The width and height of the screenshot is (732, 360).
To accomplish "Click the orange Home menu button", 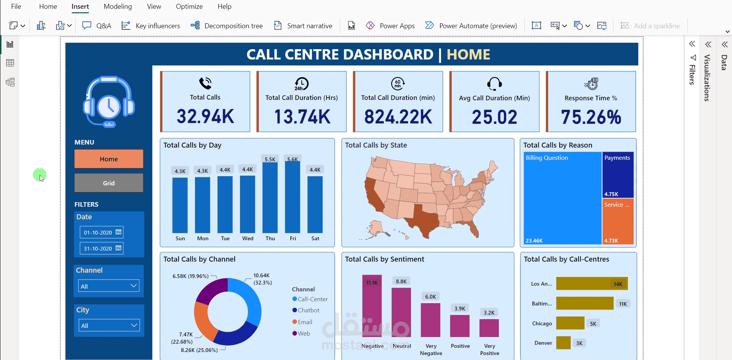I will pyautogui.click(x=109, y=159).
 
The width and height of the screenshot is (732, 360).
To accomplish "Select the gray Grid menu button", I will pyautogui.click(x=109, y=183).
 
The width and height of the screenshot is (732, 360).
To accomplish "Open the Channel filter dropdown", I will pyautogui.click(x=109, y=286).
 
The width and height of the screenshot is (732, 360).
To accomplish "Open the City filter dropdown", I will pyautogui.click(x=109, y=325).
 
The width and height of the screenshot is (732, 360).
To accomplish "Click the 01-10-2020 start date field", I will pyautogui.click(x=101, y=232).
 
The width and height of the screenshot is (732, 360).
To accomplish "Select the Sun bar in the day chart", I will pyautogui.click(x=180, y=205).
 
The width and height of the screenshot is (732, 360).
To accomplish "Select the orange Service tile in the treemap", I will pyautogui.click(x=618, y=221).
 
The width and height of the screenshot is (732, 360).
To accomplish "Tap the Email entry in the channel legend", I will pyautogui.click(x=305, y=322).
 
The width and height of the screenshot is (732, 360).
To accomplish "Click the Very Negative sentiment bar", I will pyautogui.click(x=431, y=320).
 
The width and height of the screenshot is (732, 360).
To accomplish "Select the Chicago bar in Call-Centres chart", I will pyautogui.click(x=570, y=323).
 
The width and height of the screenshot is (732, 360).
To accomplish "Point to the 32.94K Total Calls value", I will pyautogui.click(x=205, y=116).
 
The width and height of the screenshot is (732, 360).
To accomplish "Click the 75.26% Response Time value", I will pyautogui.click(x=591, y=117).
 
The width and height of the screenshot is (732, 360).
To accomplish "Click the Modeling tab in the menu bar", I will pyautogui.click(x=117, y=6).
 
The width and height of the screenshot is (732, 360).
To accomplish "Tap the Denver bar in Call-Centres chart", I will pyautogui.click(x=563, y=342).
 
